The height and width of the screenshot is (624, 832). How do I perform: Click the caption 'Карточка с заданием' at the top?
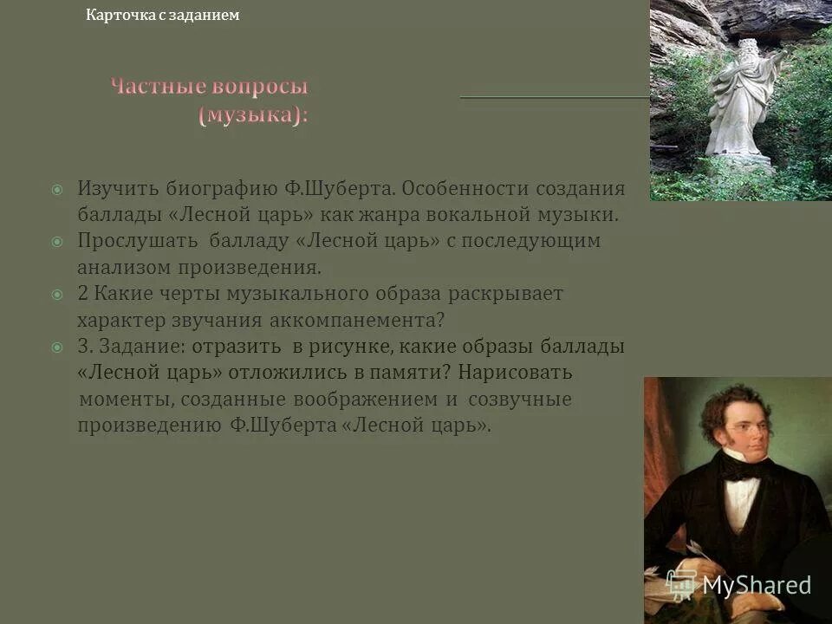(x=163, y=15)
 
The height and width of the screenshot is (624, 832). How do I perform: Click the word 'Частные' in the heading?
(x=157, y=88)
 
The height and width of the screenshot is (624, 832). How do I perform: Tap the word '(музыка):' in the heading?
(x=254, y=115)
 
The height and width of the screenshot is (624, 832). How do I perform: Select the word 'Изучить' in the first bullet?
(x=114, y=188)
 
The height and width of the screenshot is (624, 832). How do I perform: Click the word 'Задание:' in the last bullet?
(x=138, y=347)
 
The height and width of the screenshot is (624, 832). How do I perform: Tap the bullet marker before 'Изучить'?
(x=56, y=189)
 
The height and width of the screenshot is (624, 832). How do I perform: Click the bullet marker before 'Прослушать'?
(x=56, y=242)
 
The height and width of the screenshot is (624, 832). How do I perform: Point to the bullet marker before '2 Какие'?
(x=56, y=295)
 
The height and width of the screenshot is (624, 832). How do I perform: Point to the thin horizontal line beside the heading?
(x=555, y=97)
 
